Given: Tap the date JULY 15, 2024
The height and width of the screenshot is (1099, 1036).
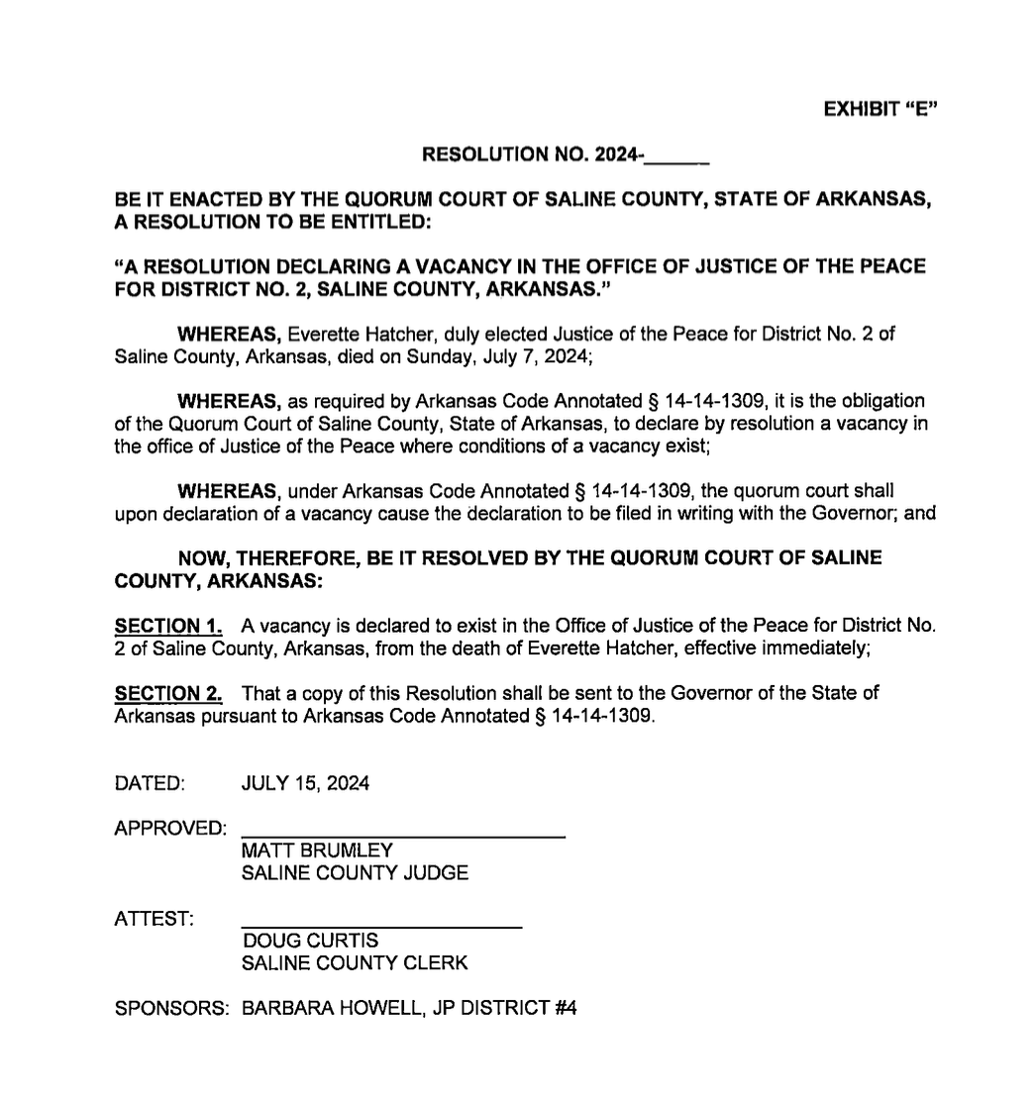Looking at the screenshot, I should coord(305,784).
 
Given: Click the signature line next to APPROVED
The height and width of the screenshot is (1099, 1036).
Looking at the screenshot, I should coord(403,837).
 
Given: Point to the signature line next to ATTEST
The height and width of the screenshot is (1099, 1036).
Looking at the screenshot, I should coord(381,926).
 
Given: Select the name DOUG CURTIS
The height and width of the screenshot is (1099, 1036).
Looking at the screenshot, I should coord(296,940).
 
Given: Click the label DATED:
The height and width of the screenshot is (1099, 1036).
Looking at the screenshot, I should coord(151,784).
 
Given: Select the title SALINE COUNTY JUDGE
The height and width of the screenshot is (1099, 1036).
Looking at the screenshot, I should coord(355,873).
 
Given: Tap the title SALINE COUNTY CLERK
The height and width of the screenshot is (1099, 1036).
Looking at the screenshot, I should coord(355,962).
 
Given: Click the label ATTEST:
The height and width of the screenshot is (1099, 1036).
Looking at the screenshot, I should coord(155,919).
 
